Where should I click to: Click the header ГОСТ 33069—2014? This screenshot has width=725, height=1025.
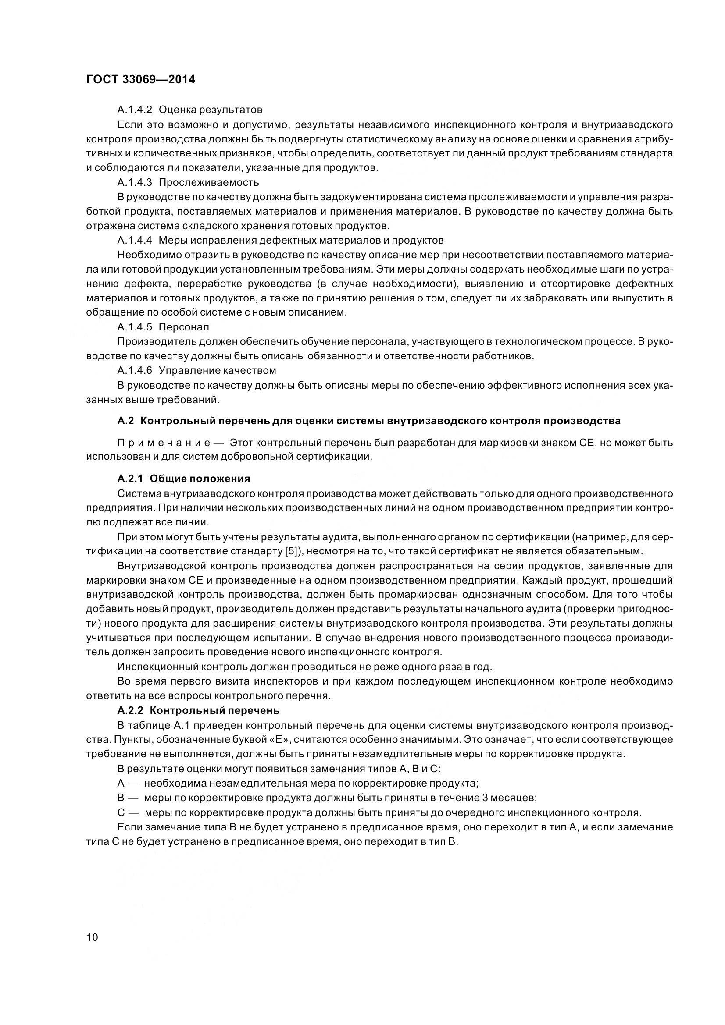tap(140, 80)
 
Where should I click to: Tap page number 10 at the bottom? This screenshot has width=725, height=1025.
tap(92, 937)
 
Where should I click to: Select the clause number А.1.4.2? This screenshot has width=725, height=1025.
tap(135, 110)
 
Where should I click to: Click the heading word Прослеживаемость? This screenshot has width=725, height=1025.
tap(209, 182)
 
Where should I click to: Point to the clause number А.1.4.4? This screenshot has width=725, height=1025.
tap(135, 240)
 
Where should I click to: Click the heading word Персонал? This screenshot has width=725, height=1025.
tap(184, 327)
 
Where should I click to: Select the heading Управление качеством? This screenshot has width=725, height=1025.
tap(217, 370)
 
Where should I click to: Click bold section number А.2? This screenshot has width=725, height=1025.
tap(125, 421)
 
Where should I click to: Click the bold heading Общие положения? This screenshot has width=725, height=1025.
tap(200, 479)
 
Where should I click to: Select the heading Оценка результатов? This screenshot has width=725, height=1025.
tap(211, 110)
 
